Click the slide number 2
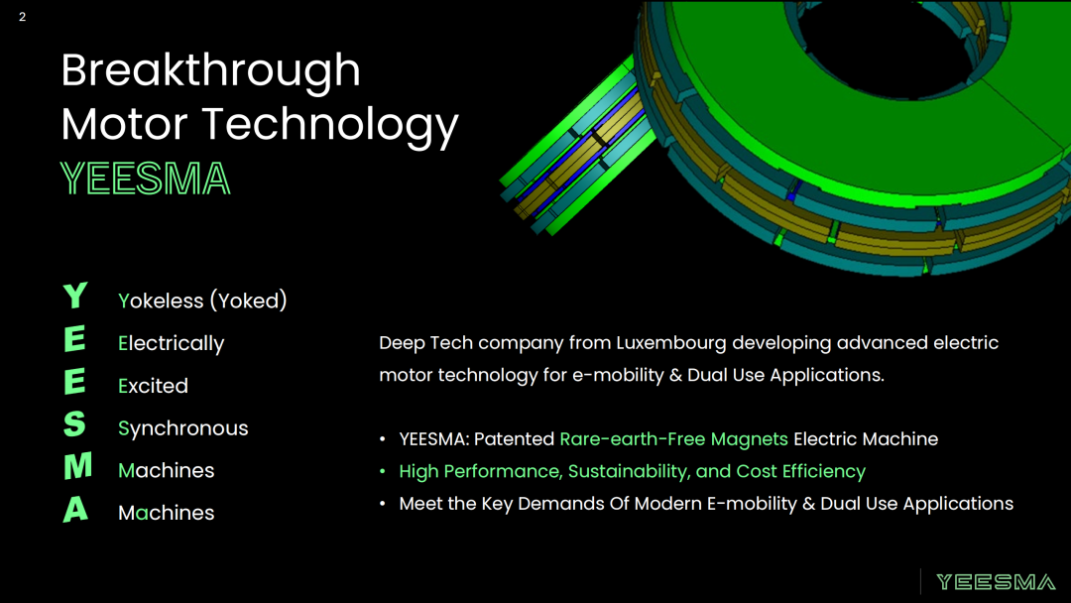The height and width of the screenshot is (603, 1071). [23, 17]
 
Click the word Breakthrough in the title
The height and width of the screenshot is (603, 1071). [210, 71]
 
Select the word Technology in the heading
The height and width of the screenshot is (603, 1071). [330, 126]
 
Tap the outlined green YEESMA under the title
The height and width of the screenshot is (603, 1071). [146, 179]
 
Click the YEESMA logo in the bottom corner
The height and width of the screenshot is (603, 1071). [996, 582]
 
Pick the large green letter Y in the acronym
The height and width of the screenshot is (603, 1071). [75, 297]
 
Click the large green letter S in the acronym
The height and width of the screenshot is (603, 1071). [74, 424]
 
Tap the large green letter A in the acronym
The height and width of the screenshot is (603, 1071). [75, 510]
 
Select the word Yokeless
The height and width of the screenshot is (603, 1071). [162, 301]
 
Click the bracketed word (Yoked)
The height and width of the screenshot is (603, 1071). [249, 301]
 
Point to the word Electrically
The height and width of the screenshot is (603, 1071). [172, 343]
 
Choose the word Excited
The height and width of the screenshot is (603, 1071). [153, 386]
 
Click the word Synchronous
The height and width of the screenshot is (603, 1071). [183, 428]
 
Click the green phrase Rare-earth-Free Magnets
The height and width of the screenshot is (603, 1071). [673, 439]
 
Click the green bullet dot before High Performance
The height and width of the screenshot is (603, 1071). [383, 471]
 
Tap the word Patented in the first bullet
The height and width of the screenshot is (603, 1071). [514, 439]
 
